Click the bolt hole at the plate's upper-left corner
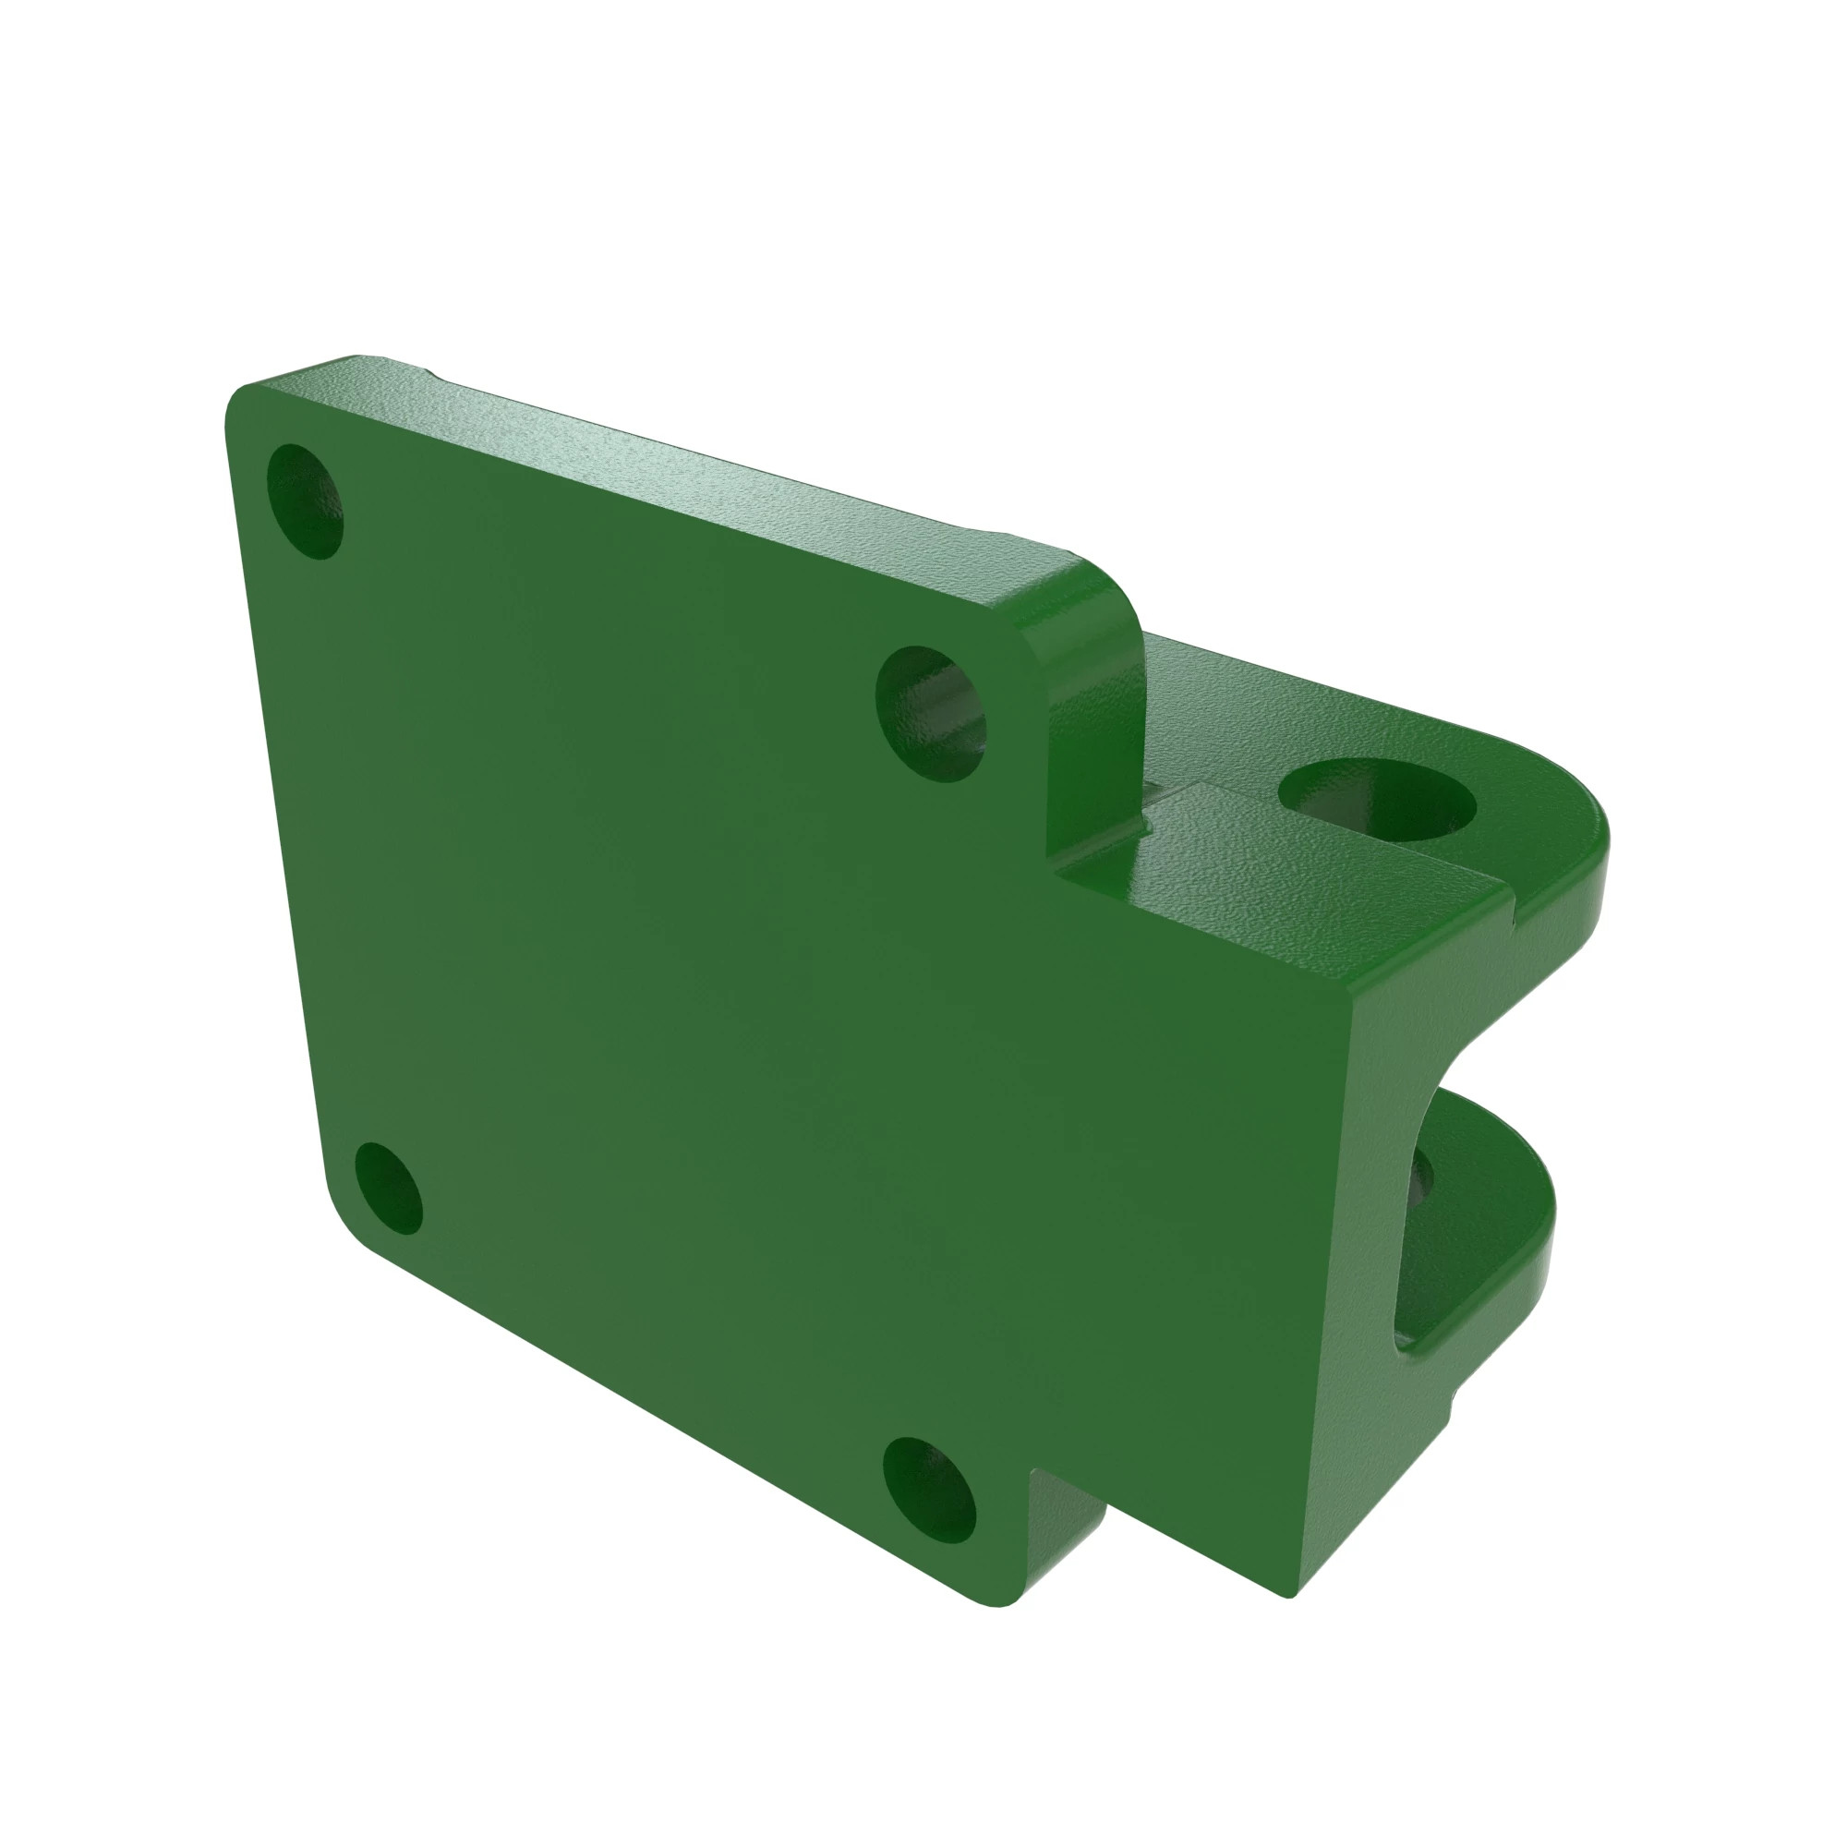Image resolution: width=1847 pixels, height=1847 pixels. pos(304,501)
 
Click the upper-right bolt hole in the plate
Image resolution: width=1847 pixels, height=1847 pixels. pos(931,713)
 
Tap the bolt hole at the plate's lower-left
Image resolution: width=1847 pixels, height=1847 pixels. pos(387,1188)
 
